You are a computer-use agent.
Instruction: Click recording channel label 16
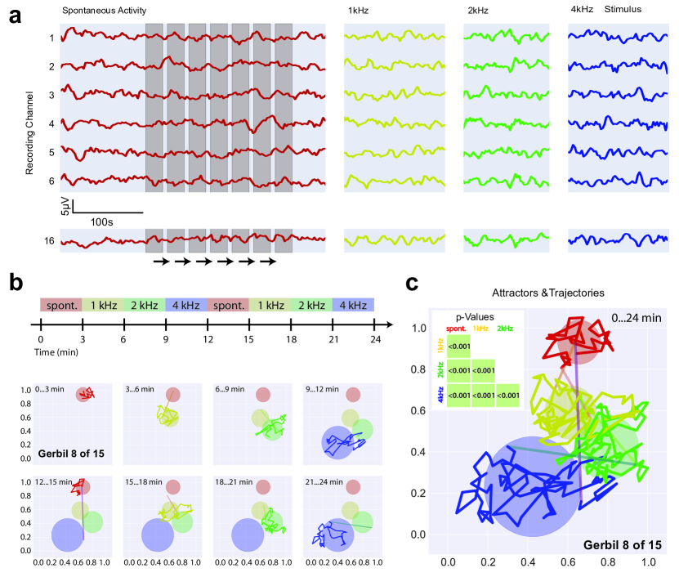click(51, 240)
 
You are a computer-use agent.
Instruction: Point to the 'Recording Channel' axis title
click(29, 134)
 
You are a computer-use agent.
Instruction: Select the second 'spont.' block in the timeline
click(229, 306)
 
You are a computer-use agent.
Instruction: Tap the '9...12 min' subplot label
click(327, 387)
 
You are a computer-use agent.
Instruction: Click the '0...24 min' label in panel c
click(634, 318)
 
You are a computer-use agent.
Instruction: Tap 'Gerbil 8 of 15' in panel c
click(621, 543)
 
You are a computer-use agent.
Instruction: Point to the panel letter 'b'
click(16, 283)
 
